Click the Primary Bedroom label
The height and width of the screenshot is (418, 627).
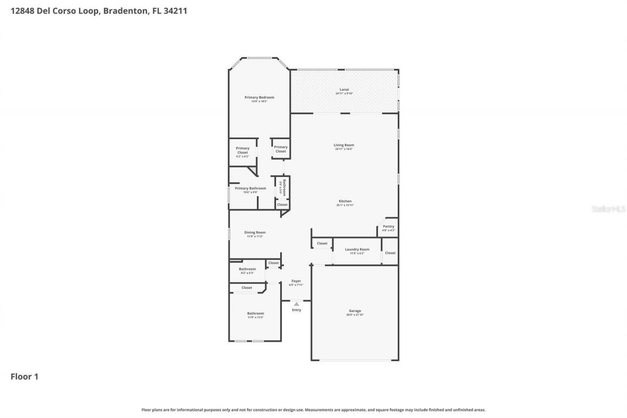point(259,98)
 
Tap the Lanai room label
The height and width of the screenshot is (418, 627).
point(344,90)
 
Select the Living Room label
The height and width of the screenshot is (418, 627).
point(344,145)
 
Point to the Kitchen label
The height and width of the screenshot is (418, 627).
point(345,201)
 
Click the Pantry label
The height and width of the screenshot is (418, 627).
point(388,226)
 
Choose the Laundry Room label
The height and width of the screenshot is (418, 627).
point(357,249)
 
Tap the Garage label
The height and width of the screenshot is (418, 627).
point(355,311)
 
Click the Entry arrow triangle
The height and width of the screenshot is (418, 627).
point(296,304)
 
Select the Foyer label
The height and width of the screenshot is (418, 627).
point(296,281)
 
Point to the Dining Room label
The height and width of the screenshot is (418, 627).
point(255,233)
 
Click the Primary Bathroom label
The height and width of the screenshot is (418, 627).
point(250,189)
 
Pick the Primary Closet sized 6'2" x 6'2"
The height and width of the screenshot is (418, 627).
point(242,150)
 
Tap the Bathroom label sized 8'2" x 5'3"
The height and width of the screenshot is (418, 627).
point(247,269)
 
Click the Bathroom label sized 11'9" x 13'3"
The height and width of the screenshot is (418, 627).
point(255,314)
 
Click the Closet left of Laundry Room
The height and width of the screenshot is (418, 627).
point(322,244)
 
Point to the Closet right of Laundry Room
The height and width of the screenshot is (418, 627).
point(390,253)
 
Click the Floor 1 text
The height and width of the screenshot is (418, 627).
point(24,377)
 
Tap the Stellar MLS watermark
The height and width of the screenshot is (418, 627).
point(608,209)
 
